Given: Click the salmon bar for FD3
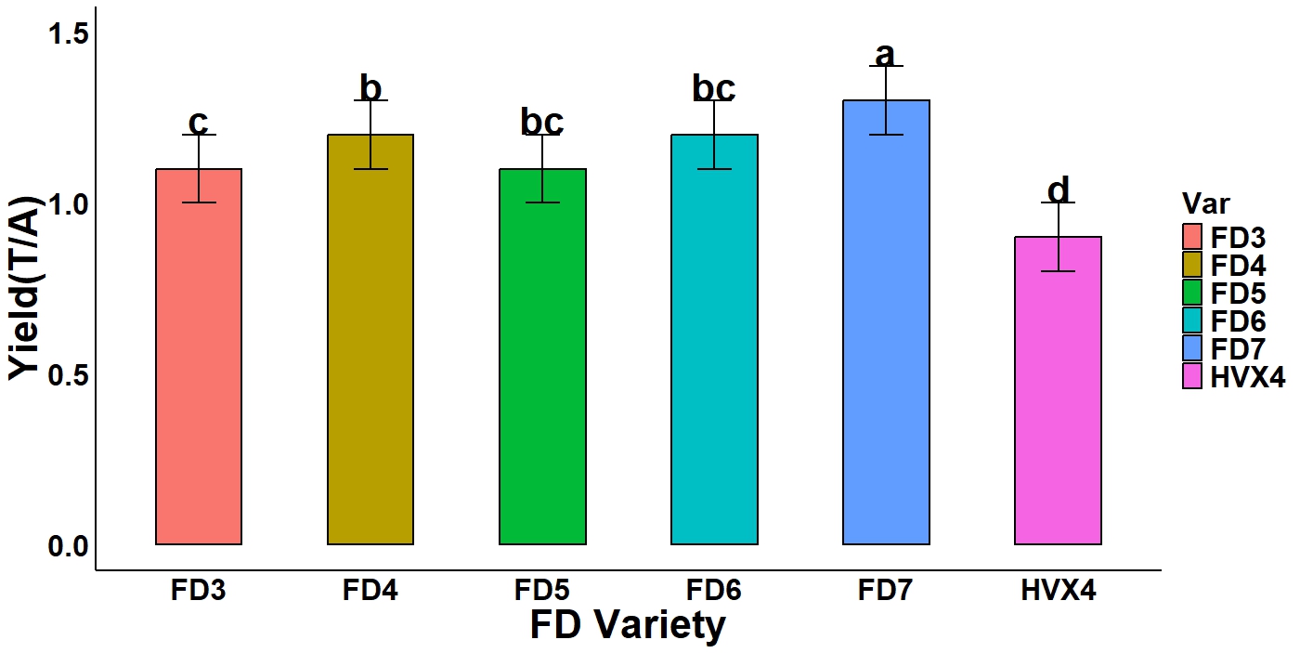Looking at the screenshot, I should (x=199, y=372).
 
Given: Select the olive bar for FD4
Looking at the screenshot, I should (x=370, y=353).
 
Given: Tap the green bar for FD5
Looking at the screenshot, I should (x=542, y=372).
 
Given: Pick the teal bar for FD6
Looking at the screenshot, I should (x=714, y=353).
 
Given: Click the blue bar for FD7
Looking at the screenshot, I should (x=886, y=334).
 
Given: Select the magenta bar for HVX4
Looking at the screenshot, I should (x=1058, y=399).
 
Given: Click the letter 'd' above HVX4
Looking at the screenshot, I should (x=1058, y=189).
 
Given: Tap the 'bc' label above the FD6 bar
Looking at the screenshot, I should (x=714, y=88).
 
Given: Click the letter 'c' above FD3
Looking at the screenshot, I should (x=198, y=123).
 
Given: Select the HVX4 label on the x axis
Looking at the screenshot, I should (x=1058, y=591).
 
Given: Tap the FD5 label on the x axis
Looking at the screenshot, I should (x=542, y=591).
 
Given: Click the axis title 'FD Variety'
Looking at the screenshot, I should (x=628, y=625).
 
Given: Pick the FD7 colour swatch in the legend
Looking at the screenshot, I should (x=1193, y=348).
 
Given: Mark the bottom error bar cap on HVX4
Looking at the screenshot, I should (x=1058, y=271).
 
